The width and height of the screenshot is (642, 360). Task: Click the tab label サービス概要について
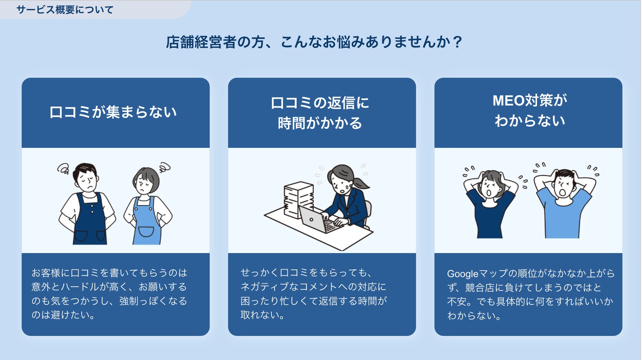[65, 10]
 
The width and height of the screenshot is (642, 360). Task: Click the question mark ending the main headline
[457, 42]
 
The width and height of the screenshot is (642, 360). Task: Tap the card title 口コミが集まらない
[113, 112]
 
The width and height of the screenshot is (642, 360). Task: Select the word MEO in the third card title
[508, 101]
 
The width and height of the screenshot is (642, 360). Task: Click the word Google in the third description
[462, 273]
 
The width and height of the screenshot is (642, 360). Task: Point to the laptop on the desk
[317, 220]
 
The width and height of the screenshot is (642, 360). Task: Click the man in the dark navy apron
[87, 204]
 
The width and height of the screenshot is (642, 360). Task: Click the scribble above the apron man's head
[63, 169]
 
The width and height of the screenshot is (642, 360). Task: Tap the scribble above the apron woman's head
[165, 167]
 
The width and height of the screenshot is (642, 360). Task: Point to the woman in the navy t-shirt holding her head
[490, 204]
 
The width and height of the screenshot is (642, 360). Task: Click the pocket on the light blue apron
[146, 231]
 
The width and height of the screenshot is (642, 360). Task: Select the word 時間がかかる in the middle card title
[320, 123]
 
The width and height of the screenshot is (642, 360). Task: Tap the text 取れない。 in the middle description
[262, 315]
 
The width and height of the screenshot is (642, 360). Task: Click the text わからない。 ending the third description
[474, 316]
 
